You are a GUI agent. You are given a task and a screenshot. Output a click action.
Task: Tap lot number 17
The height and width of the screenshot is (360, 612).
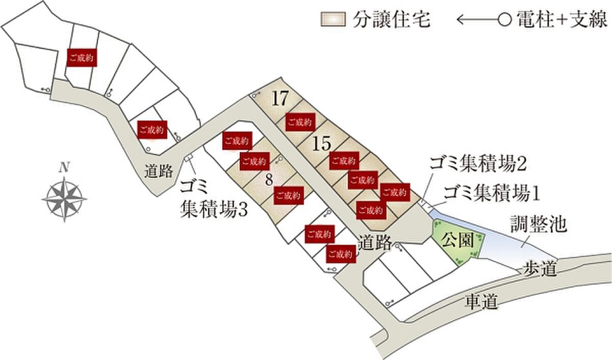(279, 98)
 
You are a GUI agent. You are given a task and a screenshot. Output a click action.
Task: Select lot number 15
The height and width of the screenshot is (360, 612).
(322, 144)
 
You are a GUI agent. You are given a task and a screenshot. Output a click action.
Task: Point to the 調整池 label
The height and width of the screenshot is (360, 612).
(538, 225)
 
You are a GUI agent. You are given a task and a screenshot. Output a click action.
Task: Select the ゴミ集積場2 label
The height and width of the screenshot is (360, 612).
(477, 165)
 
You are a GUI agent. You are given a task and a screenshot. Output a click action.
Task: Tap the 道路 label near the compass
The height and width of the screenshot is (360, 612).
(159, 171)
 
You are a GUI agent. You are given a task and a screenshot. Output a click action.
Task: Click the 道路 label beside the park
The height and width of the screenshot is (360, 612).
(374, 242)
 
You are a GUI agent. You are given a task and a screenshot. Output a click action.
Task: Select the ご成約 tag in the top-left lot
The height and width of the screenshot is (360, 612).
(82, 58)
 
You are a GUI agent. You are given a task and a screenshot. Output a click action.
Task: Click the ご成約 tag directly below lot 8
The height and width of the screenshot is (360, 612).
(289, 195)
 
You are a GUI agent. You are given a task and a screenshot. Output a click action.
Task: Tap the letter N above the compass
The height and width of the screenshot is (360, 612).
(64, 167)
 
